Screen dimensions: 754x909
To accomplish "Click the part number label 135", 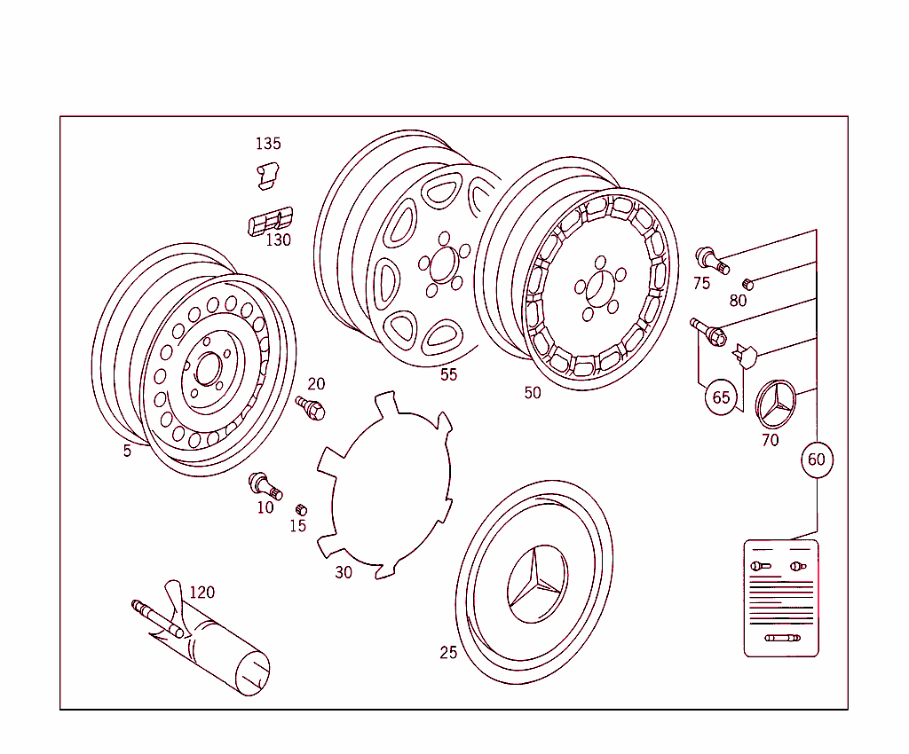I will coord(268,144).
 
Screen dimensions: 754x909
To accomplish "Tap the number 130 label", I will coord(279,240).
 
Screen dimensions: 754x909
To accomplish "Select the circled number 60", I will coord(816,459).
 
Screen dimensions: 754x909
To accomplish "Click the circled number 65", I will coord(722,397).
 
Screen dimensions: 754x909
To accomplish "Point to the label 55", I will coord(449,374).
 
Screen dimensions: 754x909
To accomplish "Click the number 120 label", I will coord(202,593).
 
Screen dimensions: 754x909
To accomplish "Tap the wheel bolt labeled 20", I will coord(312,408).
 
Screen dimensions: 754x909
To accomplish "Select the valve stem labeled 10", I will coord(265,485).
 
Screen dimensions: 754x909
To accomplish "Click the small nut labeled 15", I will coord(301,509).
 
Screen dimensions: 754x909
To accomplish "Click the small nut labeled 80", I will coord(747,283).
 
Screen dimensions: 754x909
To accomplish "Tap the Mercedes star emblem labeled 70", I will coord(776,404).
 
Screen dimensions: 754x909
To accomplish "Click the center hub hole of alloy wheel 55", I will coord(442,263).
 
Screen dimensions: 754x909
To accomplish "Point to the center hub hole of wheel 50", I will coord(597,288).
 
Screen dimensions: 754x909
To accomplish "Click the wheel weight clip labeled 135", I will coord(265,175).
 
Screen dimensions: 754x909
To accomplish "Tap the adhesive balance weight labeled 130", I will coord(269,221).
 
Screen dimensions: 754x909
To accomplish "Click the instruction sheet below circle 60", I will coord(781,598).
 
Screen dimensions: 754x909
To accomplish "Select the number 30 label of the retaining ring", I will coord(344,572).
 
